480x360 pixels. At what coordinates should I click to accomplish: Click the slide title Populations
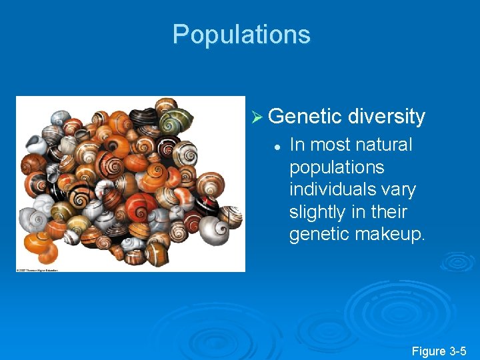click(241, 35)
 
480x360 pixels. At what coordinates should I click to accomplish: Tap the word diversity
click(386, 117)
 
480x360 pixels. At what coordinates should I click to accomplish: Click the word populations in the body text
click(337, 167)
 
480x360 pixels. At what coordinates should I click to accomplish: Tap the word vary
click(399, 189)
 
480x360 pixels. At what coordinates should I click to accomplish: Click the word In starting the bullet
click(297, 145)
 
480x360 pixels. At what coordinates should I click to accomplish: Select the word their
click(402, 212)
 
